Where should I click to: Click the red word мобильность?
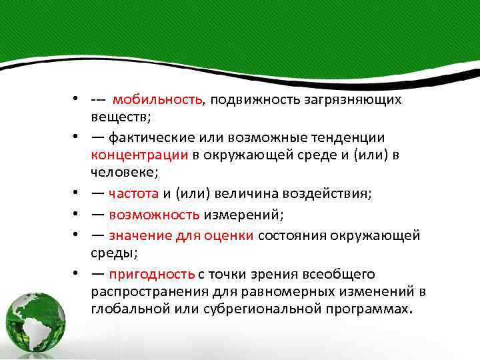[158, 100]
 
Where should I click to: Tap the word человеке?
[123, 173]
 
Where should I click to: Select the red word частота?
[133, 194]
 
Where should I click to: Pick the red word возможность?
[154, 214]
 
